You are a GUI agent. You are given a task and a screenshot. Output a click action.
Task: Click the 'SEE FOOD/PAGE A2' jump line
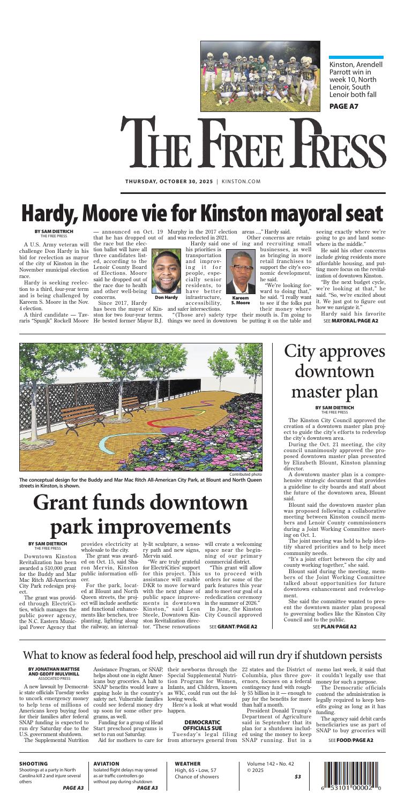point(351,739)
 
